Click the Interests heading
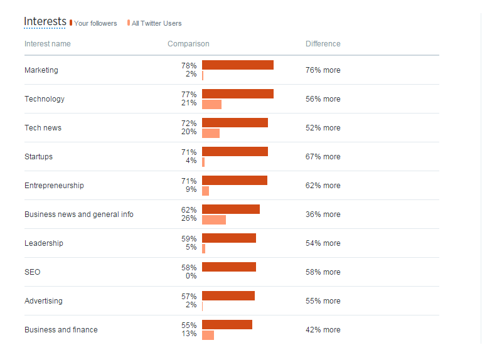tap(45, 21)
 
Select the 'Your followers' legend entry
tap(95, 23)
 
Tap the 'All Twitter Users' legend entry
tap(156, 23)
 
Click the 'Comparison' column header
tap(188, 44)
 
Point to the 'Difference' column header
tap(323, 44)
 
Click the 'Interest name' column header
tap(48, 44)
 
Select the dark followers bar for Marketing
tap(237, 65)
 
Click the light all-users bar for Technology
tap(211, 104)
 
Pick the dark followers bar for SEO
tap(228, 267)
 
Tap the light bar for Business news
tap(213, 220)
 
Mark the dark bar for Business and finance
tap(227, 325)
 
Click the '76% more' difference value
tap(323, 70)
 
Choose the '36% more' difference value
tap(323, 214)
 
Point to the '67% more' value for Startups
tap(323, 157)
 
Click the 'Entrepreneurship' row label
tap(54, 186)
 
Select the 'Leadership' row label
tap(44, 243)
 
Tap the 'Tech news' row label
tap(43, 128)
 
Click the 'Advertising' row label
tap(43, 301)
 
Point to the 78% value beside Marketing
tap(189, 65)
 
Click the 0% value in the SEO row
tap(191, 276)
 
